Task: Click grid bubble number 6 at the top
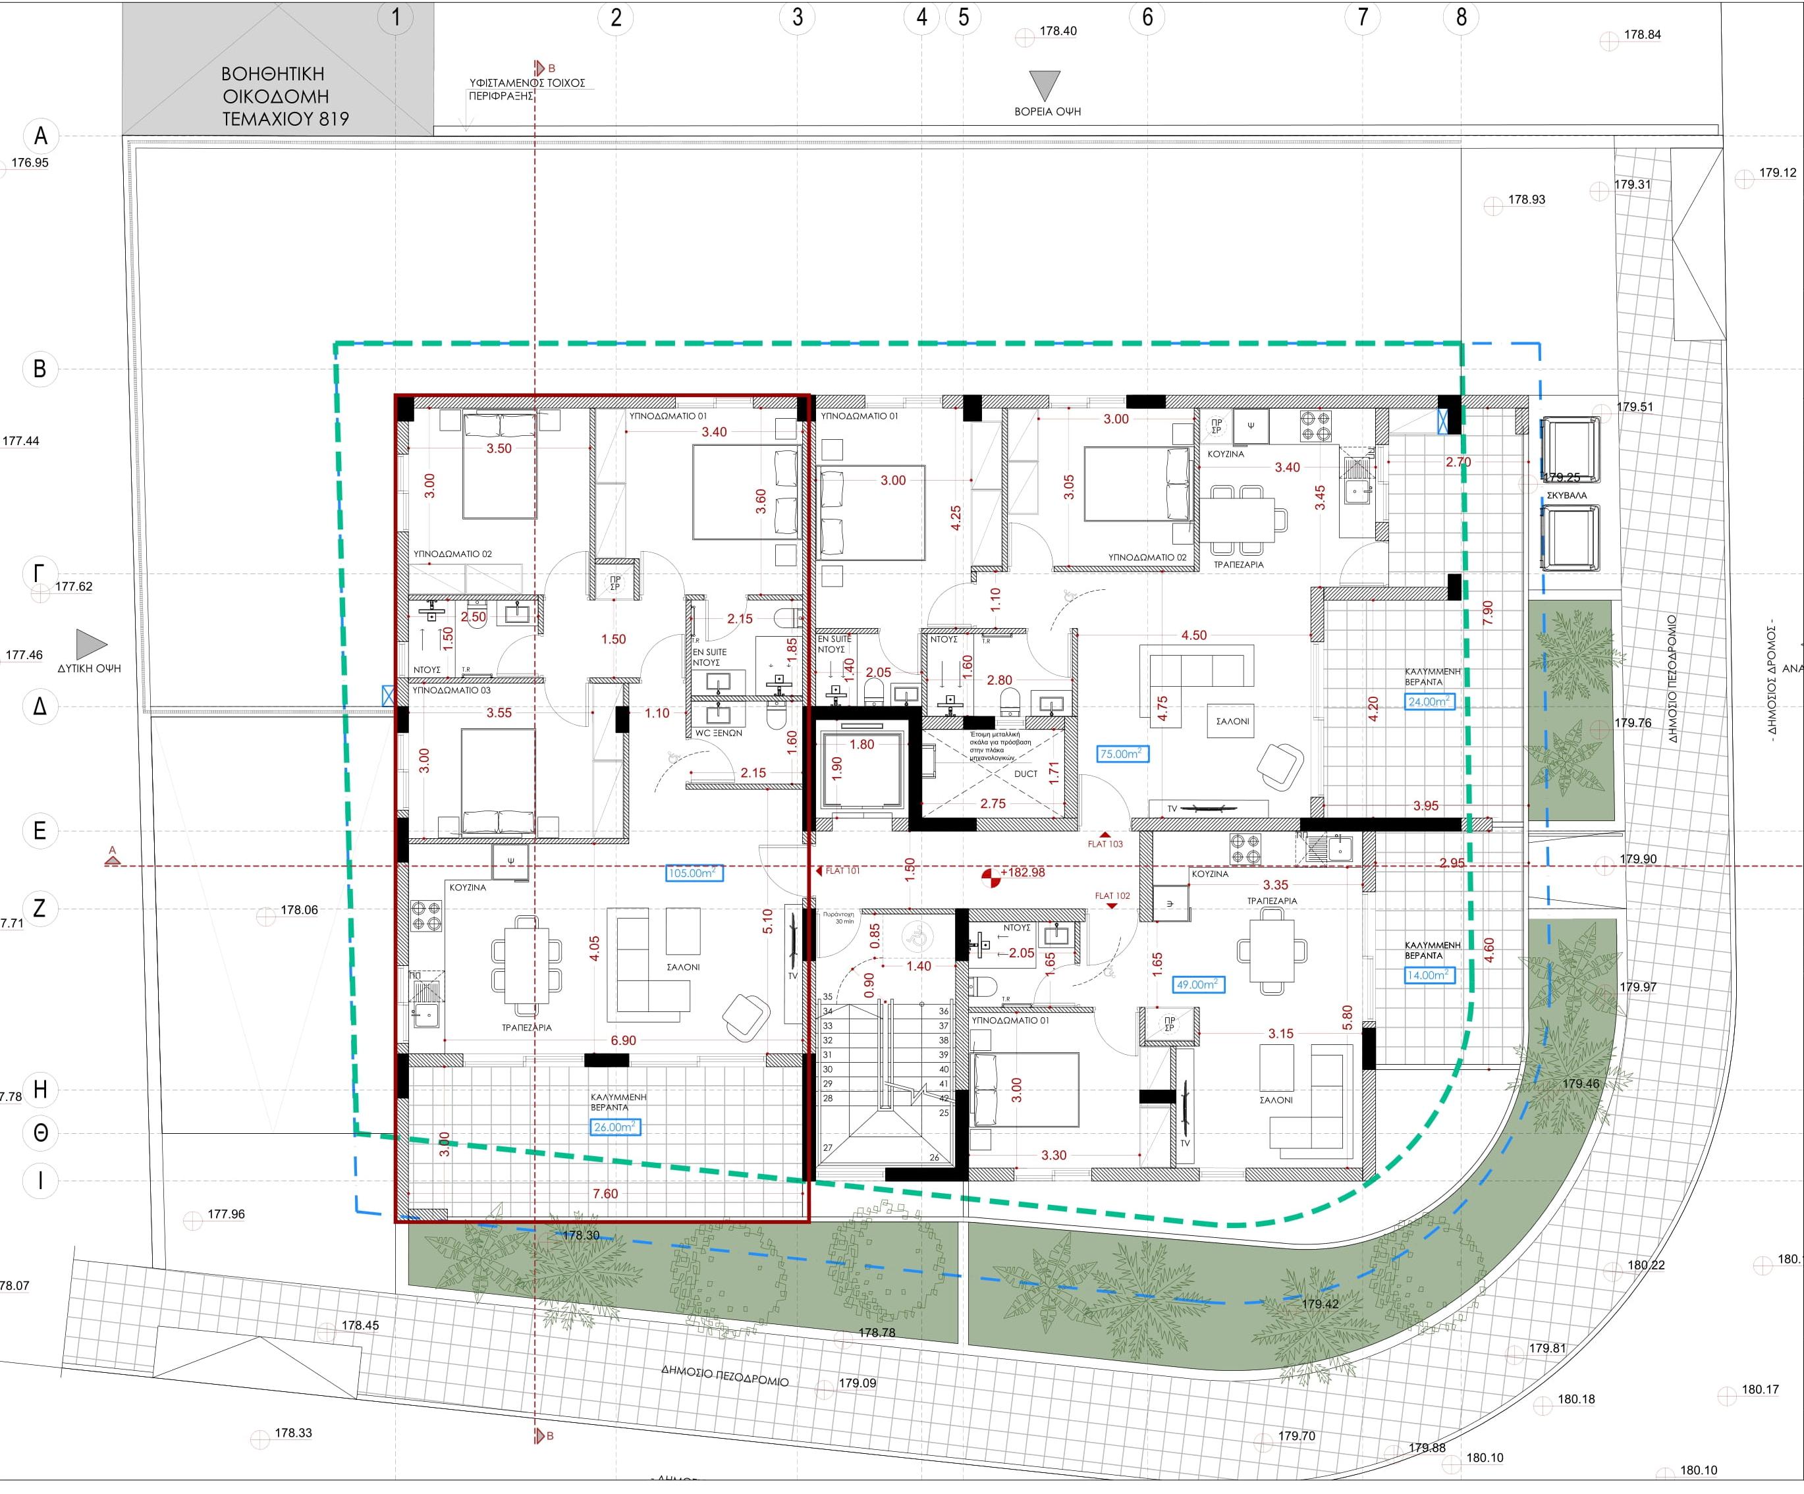(1147, 16)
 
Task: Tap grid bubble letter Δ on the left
(40, 707)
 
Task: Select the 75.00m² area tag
(1120, 754)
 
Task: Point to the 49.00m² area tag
(1198, 985)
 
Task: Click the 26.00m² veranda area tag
(615, 1127)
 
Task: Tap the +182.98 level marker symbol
(991, 876)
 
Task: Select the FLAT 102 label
(1112, 895)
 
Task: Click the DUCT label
(1025, 774)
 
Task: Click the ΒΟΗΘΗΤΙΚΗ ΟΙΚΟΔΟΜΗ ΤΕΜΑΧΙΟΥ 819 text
(285, 96)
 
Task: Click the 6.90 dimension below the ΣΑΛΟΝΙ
(623, 1040)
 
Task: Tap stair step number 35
(828, 997)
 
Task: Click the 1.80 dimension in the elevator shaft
(861, 745)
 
